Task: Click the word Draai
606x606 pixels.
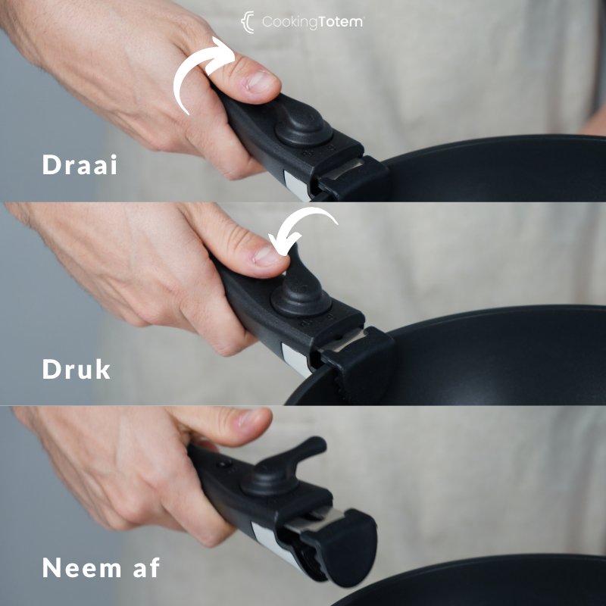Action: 80,164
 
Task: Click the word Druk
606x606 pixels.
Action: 77,369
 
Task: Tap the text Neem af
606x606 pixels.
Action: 101,567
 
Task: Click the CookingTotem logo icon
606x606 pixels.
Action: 248,22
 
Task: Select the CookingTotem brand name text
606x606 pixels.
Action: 312,23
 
